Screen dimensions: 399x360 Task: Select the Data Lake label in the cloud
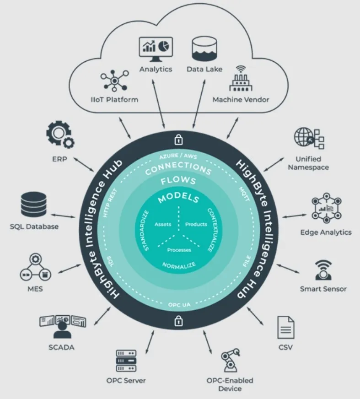click(204, 69)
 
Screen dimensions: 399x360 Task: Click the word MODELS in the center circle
click(178, 199)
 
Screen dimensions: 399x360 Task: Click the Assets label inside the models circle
click(163, 224)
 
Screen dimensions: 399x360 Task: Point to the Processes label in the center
click(179, 250)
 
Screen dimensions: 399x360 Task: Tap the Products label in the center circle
click(196, 224)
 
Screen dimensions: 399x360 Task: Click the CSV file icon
click(285, 327)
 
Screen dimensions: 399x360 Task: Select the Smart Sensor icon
click(323, 270)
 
